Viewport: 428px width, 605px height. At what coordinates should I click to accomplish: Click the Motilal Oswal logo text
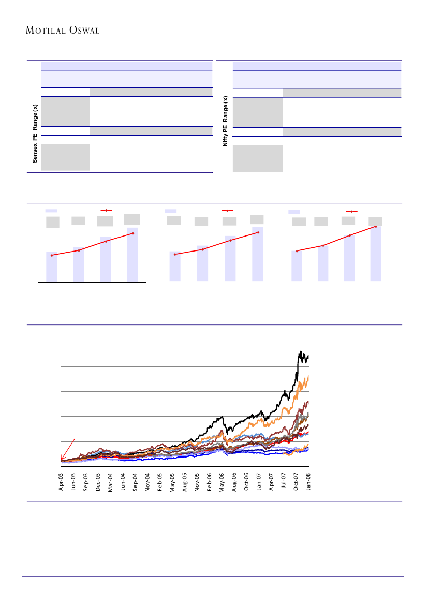(x=62, y=31)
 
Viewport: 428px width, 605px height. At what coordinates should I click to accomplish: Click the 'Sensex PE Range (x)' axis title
(x=35, y=134)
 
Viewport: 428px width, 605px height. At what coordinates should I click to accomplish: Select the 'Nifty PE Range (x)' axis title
(x=226, y=121)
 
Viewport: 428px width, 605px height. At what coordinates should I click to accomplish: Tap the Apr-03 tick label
(x=61, y=481)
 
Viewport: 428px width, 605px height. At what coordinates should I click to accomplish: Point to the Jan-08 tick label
(x=309, y=481)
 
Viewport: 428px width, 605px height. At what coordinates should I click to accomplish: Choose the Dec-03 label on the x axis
(x=98, y=481)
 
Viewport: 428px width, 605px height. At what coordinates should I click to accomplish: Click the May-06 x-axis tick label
(x=222, y=481)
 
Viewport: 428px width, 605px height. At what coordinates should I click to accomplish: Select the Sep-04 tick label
(x=136, y=481)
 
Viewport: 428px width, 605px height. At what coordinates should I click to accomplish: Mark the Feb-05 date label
(x=160, y=481)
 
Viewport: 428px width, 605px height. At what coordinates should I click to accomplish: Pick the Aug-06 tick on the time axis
(x=234, y=481)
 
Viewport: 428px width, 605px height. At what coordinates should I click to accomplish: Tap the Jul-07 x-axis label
(x=284, y=481)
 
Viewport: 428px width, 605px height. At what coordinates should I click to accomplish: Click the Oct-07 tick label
(x=296, y=481)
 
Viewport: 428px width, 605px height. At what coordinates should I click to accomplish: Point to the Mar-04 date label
(x=111, y=481)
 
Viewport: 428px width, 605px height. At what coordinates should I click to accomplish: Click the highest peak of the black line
(x=300, y=352)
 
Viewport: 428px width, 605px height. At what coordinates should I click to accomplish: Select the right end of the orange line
(x=308, y=376)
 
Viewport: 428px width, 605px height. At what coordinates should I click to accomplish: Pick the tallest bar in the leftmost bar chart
(x=132, y=255)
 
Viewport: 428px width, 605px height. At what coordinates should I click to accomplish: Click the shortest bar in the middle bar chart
(x=175, y=265)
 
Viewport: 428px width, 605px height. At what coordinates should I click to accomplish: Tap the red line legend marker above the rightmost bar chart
(x=352, y=211)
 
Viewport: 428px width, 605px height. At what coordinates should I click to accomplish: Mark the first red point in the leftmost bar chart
(x=52, y=255)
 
